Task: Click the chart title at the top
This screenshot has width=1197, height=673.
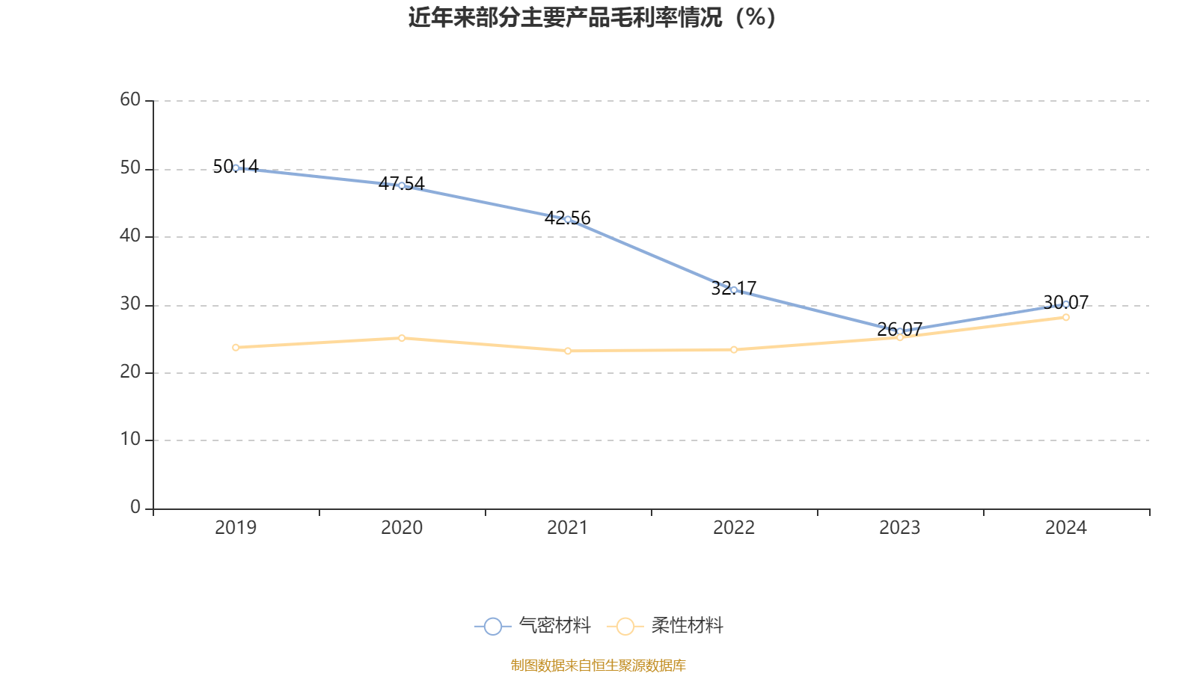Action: [592, 18]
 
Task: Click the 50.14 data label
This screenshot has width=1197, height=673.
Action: [236, 166]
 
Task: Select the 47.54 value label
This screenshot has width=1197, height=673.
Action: [402, 183]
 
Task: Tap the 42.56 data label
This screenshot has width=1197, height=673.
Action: [568, 218]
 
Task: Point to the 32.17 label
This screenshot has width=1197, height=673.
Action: [734, 288]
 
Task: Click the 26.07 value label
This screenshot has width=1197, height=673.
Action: [900, 329]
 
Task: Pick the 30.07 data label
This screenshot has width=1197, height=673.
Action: [1066, 302]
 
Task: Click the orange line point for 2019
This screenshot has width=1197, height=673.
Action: [236, 347]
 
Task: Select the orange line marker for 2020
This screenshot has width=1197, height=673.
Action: [402, 338]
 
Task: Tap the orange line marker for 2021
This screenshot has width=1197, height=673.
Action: [568, 351]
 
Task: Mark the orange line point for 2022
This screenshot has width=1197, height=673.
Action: [734, 349]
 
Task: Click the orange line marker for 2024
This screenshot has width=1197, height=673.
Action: [1066, 317]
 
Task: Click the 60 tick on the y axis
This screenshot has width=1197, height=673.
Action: [130, 99]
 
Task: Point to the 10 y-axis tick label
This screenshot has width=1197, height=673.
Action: [130, 440]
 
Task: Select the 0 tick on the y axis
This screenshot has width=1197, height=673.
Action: [135, 508]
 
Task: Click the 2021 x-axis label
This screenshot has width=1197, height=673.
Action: [568, 528]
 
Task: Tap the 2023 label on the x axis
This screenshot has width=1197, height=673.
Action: [900, 528]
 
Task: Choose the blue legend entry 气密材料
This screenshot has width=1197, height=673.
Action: [533, 626]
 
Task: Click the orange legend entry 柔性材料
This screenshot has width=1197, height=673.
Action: [666, 626]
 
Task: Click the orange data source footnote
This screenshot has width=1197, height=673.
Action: [598, 665]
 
